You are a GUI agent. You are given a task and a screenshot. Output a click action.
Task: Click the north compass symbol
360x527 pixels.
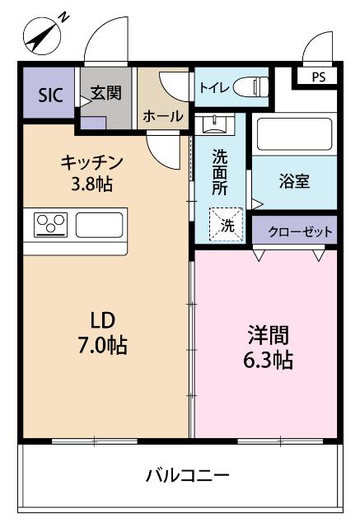(x=42, y=33)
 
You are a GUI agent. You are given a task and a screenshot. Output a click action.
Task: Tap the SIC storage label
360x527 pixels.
(x=49, y=93)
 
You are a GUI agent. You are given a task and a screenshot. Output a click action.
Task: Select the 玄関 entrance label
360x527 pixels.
(x=105, y=92)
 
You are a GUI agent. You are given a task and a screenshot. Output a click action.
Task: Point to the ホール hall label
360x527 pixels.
(x=163, y=117)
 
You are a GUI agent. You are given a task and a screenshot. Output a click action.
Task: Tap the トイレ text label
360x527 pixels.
(x=213, y=85)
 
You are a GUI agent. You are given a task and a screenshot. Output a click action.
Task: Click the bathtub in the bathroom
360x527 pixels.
(x=293, y=133)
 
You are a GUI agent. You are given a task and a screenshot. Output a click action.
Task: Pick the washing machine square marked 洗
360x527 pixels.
(x=225, y=224)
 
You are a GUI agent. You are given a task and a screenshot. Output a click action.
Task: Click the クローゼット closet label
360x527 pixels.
(x=294, y=231)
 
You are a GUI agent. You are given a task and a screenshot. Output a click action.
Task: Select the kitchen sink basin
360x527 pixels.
(x=100, y=224)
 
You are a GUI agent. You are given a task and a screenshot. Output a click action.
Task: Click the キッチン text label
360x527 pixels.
(x=91, y=162)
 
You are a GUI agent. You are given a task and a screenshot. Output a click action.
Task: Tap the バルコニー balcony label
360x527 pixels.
(x=187, y=475)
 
